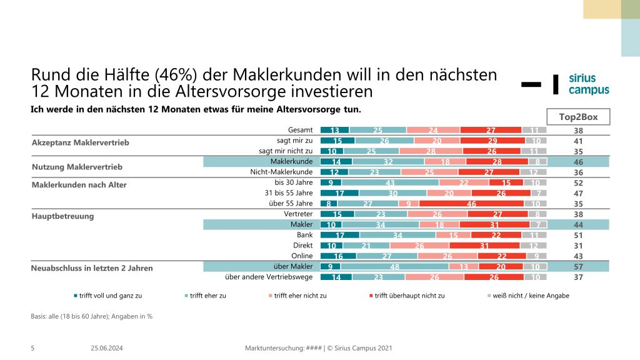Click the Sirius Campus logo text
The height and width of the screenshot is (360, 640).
click(x=588, y=84)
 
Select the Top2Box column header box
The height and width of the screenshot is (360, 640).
click(x=578, y=117)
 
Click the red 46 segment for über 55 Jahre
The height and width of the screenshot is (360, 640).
click(x=471, y=204)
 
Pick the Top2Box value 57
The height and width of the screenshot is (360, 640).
click(x=578, y=267)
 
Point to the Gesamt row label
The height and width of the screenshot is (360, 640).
click(x=300, y=129)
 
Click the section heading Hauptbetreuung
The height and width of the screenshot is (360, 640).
click(x=63, y=217)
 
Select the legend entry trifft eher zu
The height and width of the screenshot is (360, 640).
click(x=206, y=296)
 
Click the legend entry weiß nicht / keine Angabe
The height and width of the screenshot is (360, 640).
click(x=531, y=296)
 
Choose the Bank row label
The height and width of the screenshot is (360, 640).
click(x=304, y=235)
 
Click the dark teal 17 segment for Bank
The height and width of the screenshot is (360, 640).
click(x=339, y=235)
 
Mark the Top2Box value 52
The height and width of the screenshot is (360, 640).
click(x=578, y=182)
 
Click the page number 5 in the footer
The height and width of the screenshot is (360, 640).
click(x=32, y=348)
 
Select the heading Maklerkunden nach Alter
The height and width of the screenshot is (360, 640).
click(x=79, y=185)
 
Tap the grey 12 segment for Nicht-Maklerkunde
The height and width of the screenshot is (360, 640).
click(x=533, y=172)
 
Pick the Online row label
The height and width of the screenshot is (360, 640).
click(x=302, y=256)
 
